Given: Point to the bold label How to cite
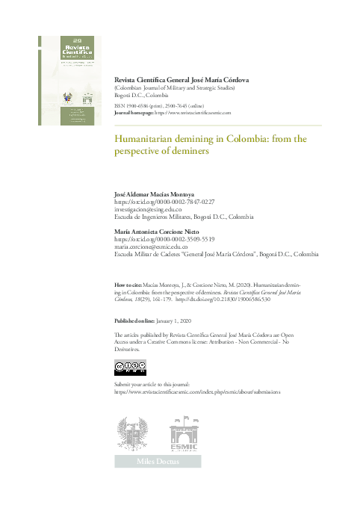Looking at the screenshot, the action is [124, 285].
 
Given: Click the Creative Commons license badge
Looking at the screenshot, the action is [130, 366].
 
